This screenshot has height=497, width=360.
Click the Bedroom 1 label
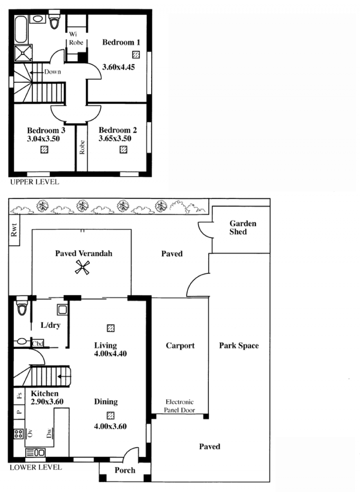(121, 42)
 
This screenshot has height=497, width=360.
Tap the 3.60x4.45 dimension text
(118, 67)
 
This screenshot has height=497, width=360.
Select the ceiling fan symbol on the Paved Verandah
(82, 267)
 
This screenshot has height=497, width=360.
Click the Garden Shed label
(243, 228)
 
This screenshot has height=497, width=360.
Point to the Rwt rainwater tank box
(14, 230)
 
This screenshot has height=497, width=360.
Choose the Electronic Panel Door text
(180, 406)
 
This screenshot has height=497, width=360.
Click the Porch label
(125, 470)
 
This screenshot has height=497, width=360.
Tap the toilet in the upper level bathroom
(54, 19)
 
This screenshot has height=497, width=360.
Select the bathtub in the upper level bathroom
(22, 29)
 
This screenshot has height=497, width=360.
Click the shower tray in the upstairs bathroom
(23, 53)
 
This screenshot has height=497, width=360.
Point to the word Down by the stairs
(52, 72)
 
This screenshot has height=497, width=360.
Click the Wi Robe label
(76, 38)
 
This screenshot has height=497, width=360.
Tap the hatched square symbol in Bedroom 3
(45, 149)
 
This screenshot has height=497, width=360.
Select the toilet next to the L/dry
(22, 305)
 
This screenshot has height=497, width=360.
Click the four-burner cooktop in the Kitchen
(19, 434)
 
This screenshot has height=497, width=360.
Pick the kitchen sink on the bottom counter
(35, 452)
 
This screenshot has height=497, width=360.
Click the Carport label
(180, 346)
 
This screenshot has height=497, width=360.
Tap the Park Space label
(239, 346)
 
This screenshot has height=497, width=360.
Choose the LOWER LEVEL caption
(36, 467)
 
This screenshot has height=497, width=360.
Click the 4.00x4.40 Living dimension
(110, 354)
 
